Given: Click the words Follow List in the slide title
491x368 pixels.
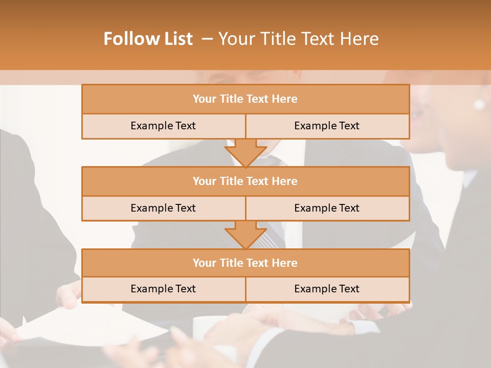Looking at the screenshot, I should pyautogui.click(x=148, y=39).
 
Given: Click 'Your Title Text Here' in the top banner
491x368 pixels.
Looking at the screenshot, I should pyautogui.click(x=298, y=39).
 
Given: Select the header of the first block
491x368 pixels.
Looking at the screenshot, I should pyautogui.click(x=245, y=99).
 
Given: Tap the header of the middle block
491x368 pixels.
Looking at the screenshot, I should pyautogui.click(x=245, y=181).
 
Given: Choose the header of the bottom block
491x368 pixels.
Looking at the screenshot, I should pyautogui.click(x=245, y=263).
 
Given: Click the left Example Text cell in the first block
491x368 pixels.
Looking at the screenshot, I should pyautogui.click(x=163, y=126).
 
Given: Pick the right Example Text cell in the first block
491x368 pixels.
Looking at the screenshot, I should pyautogui.click(x=327, y=126).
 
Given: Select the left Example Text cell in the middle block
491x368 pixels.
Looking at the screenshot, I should pyautogui.click(x=163, y=208).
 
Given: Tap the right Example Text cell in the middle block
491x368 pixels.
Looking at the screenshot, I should pyautogui.click(x=327, y=208).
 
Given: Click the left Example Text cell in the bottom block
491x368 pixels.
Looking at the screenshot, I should pyautogui.click(x=163, y=289).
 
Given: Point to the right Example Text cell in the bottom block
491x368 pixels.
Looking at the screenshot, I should pyautogui.click(x=327, y=289).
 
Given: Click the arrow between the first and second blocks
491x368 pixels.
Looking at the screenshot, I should pyautogui.click(x=245, y=153).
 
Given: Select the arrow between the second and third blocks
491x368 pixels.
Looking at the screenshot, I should pyautogui.click(x=245, y=235).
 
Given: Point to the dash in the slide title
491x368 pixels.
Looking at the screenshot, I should pyautogui.click(x=207, y=39).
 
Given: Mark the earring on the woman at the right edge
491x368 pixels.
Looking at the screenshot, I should pyautogui.click(x=479, y=104).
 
